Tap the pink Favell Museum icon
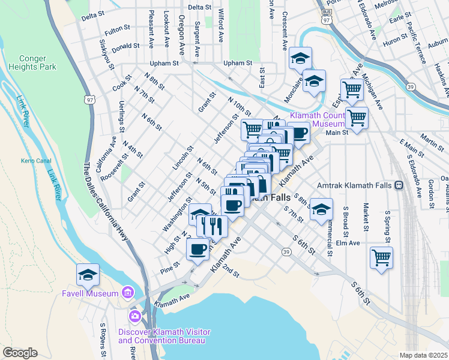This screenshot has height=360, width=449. coord(127,293)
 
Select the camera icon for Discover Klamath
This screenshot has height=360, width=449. coord(134,316)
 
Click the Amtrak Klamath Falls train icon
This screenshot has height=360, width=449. coord(399,187)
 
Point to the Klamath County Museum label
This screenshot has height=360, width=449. coord(318,119)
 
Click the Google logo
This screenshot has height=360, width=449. coord(20,353)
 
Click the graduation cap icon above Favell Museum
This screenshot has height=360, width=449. coord(88,275)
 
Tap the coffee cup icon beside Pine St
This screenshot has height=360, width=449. coord(197,248)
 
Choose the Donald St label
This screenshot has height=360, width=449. coord(126,46)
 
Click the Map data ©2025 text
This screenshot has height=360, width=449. coord(423,355)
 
